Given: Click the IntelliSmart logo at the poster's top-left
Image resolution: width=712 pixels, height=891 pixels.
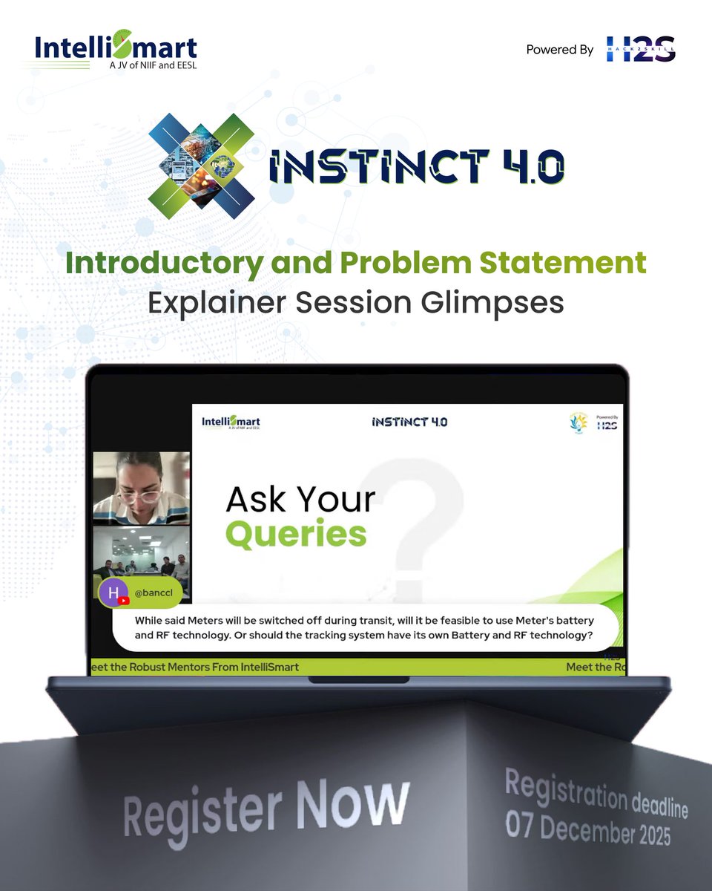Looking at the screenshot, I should (116, 51).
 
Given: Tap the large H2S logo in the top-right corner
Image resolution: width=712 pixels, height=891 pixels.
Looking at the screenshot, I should (641, 49).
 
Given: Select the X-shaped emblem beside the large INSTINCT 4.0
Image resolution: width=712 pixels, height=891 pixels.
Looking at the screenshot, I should (202, 160).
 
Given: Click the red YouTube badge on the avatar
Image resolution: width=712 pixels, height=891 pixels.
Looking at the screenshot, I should (124, 601).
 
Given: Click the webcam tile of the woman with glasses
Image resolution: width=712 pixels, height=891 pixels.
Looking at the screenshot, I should (141, 488).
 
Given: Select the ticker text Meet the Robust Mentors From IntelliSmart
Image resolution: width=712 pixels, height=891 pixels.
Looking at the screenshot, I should (194, 667).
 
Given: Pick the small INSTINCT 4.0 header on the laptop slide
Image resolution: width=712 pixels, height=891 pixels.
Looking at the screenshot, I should (409, 422).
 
